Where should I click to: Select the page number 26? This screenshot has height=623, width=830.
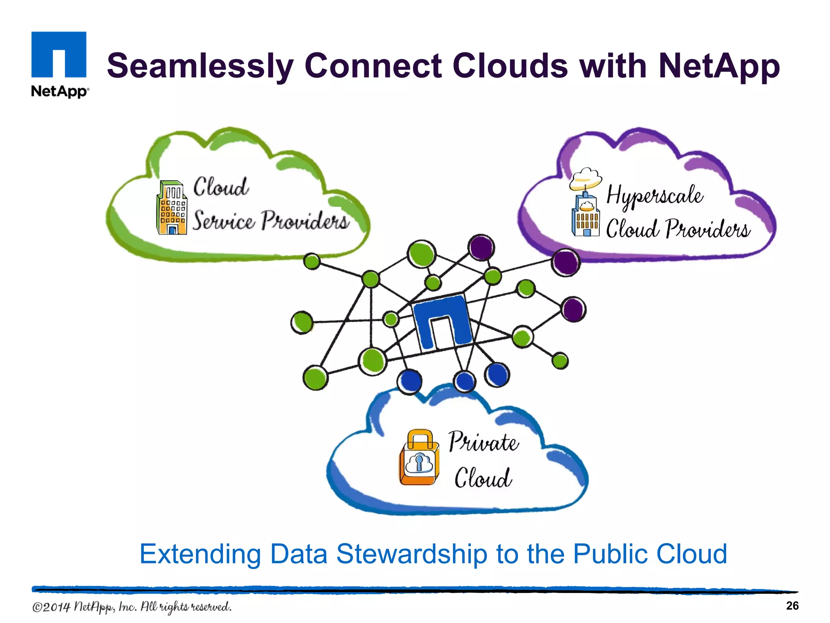tap(792, 606)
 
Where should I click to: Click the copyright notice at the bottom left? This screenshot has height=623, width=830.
tap(132, 607)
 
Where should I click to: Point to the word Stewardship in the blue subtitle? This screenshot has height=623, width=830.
tap(412, 554)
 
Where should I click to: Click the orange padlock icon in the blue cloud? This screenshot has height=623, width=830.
tap(419, 458)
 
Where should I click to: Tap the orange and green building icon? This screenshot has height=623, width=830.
tap(172, 208)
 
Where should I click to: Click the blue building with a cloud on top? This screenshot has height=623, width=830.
tap(585, 203)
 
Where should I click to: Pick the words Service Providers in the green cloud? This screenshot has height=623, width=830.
tap(270, 221)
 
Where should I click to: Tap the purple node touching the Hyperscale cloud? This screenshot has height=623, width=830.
tap(566, 263)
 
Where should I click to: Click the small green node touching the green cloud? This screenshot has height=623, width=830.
tap(312, 261)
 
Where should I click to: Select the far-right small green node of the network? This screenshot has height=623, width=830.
tap(560, 361)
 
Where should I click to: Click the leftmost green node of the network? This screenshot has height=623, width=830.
tap(302, 322)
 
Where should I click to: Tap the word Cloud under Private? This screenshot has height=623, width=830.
tap(483, 478)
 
